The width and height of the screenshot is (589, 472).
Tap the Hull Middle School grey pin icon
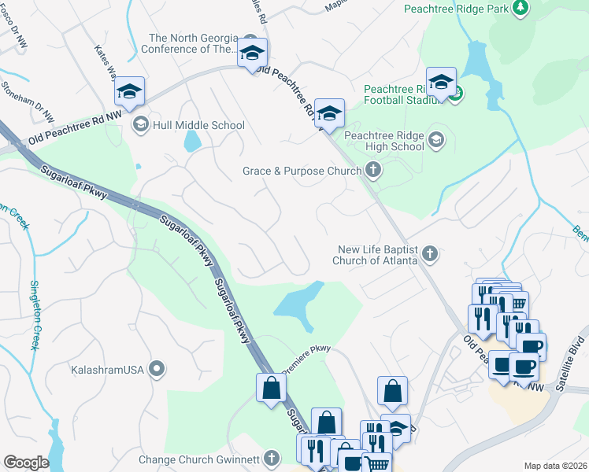click(140, 124)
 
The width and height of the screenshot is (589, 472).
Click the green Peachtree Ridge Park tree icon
click(520, 8)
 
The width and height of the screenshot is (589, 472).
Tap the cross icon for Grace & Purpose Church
click(373, 170)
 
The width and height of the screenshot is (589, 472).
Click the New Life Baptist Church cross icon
click(429, 253)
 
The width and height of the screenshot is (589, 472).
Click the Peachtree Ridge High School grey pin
click(436, 141)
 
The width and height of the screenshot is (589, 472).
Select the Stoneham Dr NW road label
click(28, 101)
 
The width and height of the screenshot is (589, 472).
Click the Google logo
click(26, 462)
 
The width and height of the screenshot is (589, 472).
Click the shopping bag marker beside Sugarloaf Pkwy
click(271, 387)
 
